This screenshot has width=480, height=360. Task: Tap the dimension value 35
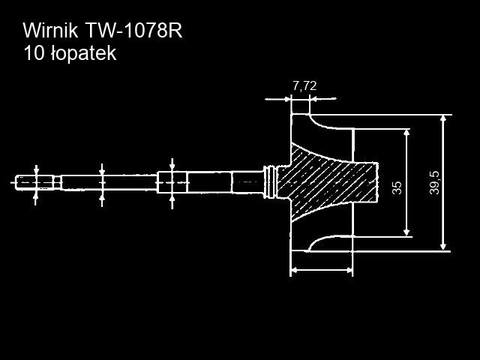tap(397, 187)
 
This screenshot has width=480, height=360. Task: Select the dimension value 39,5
tap(434, 183)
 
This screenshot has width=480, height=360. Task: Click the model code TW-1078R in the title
tap(133, 31)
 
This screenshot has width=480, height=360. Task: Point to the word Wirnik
tap(50, 31)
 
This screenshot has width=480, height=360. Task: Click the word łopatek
tap(82, 54)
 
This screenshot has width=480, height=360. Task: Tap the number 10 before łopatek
tap(33, 54)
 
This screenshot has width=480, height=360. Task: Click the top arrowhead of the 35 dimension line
tap(406, 133)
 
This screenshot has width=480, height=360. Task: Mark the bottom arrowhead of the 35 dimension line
tap(406, 231)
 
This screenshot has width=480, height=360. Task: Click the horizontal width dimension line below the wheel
tap(321, 269)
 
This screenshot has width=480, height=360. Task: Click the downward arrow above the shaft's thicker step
tap(172, 164)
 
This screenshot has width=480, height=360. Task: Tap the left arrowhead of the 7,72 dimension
tap(286, 97)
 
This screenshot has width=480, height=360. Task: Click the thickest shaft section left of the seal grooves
tap(247, 181)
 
